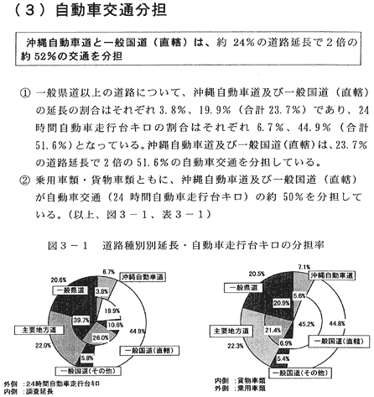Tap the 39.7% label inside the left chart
pyautogui.click(x=81, y=320)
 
